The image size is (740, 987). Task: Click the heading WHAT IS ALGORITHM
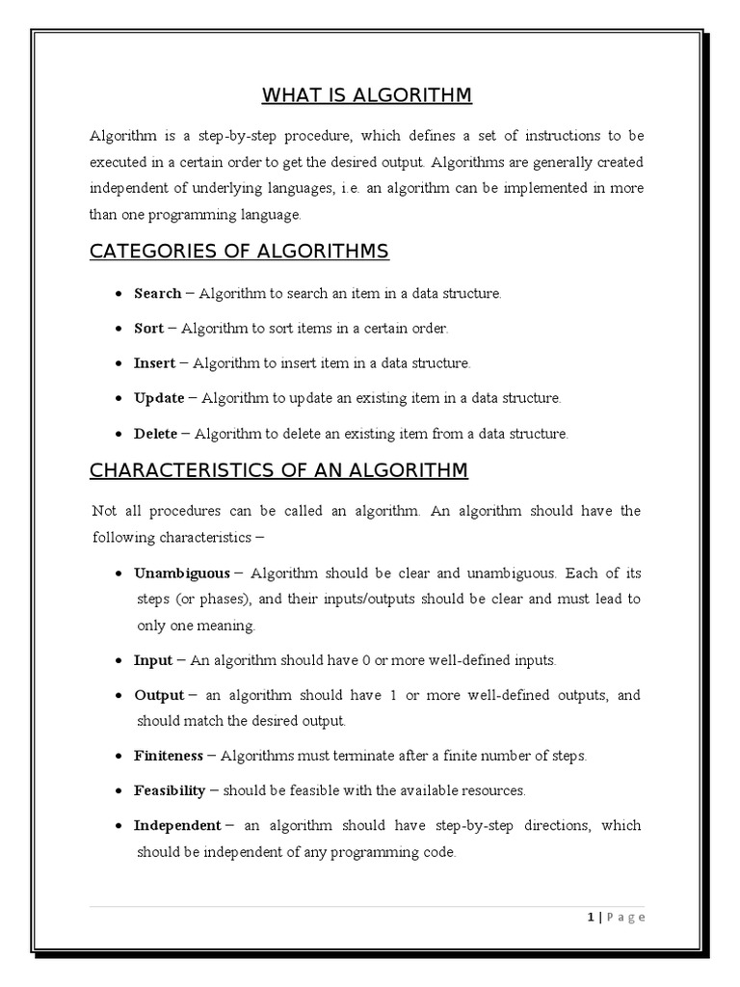point(366,94)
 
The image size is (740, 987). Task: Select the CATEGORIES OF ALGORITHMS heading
point(239,252)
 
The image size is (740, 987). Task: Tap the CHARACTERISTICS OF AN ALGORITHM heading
point(278,470)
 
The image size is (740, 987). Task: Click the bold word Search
point(157,293)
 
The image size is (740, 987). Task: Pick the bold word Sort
point(148,329)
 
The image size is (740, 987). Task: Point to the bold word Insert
point(154,363)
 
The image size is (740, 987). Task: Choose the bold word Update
point(157,398)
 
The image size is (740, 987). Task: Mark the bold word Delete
point(155,434)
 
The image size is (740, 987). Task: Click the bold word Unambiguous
point(182,573)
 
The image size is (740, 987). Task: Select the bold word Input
point(152,660)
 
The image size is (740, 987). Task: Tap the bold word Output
point(158,695)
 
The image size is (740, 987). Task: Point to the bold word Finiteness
point(169,756)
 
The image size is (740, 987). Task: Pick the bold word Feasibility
point(170,790)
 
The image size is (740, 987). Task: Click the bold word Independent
point(177,826)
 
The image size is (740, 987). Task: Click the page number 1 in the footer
point(590,918)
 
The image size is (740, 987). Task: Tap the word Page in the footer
point(624,918)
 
